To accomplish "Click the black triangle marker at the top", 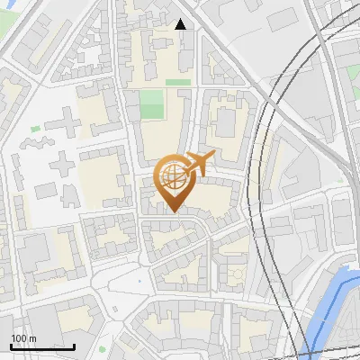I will coord(181,24).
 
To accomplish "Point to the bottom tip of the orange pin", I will coord(173,211).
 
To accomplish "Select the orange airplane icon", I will coord(199,165).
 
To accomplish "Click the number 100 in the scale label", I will coord(19,339).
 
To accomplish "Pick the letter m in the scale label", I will coord(32,339).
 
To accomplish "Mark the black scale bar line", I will coord(42,346).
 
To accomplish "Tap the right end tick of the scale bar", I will coord(74,345).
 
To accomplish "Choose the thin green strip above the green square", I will coord(178,82).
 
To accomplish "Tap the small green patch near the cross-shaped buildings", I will coord(35,129).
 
